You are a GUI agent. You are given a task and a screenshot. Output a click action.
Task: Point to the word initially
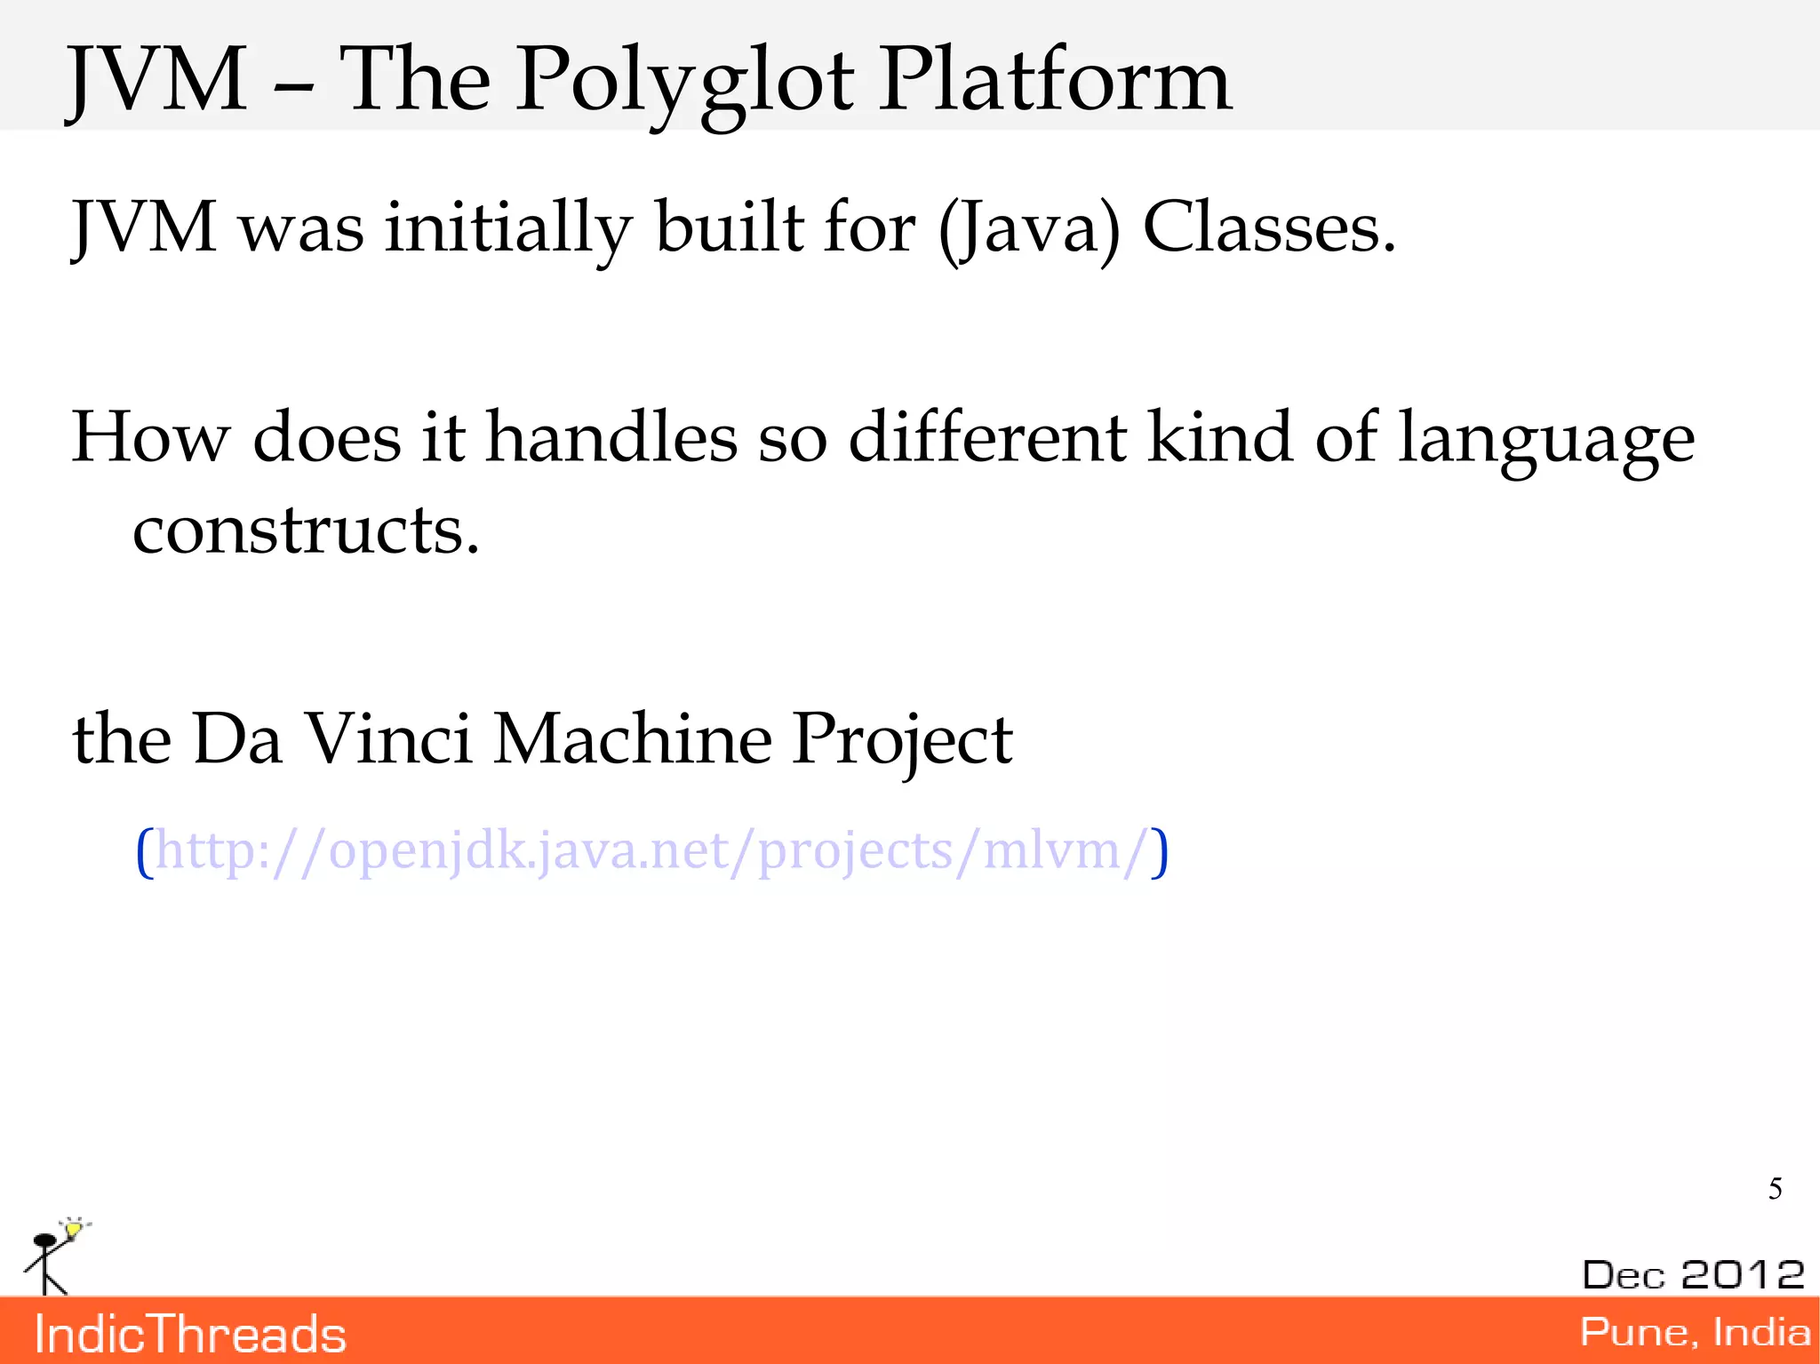click(x=507, y=229)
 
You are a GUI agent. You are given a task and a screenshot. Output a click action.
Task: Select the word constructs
click(x=306, y=530)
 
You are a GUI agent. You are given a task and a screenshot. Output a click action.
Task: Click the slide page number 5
click(x=1775, y=1189)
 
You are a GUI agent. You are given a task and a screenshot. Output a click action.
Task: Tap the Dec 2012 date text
click(x=1693, y=1274)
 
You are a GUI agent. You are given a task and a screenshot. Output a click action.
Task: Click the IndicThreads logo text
click(x=190, y=1335)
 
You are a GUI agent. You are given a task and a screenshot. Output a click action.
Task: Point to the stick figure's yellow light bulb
click(x=74, y=1229)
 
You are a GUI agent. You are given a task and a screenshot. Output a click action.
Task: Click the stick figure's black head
click(x=44, y=1240)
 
